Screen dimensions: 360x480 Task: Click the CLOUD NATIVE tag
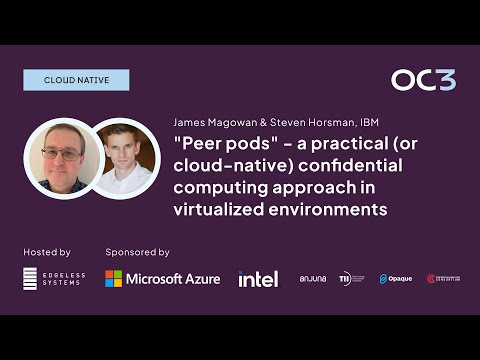point(76,80)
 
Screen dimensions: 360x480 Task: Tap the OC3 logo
point(423,80)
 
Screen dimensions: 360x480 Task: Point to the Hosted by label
point(46,252)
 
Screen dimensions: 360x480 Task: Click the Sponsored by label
point(137,252)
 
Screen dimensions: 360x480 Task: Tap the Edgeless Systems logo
point(46,278)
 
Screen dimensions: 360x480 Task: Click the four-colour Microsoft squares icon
point(115,278)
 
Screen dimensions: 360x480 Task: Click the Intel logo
point(258,278)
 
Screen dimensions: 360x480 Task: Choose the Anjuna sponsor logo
point(313,278)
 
